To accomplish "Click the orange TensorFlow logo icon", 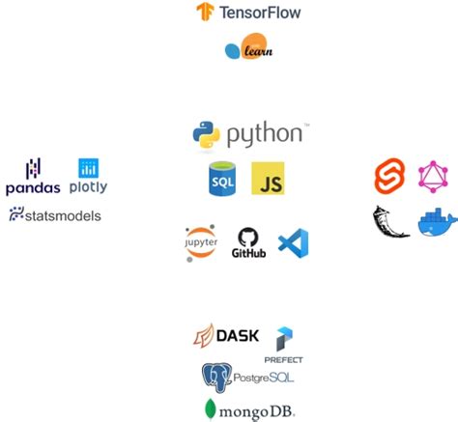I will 204,13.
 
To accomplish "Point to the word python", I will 263,135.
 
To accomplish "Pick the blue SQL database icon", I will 223,179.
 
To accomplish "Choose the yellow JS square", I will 268,179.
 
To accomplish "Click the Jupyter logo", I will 200,241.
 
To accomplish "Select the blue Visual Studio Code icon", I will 293,242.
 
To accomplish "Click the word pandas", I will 33,187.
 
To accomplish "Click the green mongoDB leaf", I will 210,408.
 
